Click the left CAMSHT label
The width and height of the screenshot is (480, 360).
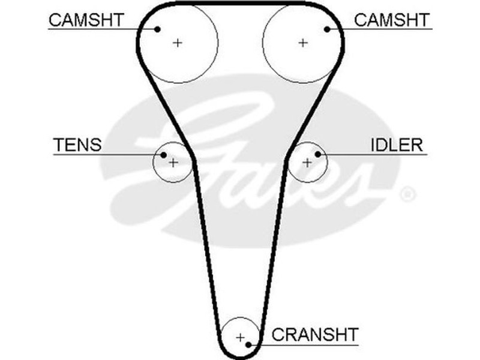85,20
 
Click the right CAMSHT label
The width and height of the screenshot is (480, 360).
392,20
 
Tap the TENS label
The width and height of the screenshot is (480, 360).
77,145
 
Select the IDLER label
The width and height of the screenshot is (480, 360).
397,145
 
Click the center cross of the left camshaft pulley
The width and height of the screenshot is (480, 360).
178,43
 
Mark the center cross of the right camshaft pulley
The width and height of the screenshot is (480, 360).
303,43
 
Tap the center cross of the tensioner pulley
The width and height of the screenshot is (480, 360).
173,162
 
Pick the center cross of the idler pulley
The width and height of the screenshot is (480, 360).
307,162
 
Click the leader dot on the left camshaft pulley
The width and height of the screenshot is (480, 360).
158,28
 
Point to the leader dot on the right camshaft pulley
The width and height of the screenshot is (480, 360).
328,28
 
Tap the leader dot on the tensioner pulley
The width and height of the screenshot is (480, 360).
163,155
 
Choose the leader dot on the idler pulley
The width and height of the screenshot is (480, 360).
318,155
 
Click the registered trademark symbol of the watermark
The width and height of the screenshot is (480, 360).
407,194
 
